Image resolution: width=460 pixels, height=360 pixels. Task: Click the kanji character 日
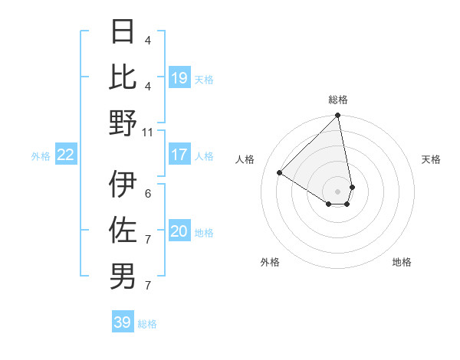pos(123,32)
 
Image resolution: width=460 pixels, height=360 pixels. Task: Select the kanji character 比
pos(123,77)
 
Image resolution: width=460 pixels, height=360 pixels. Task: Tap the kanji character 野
pos(123,123)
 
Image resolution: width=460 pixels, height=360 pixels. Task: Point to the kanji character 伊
pos(123,185)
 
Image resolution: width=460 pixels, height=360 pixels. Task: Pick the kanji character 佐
pos(123,231)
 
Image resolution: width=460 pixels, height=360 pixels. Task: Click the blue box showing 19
pos(179,77)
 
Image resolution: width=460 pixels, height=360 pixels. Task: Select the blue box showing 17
pos(179,155)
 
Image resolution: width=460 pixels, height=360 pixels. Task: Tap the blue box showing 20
pos(179,231)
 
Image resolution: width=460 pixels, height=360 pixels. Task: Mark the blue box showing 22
pos(66,155)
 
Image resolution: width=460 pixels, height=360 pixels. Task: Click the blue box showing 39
pos(123,322)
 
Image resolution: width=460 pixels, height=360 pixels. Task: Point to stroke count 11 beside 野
pos(148,132)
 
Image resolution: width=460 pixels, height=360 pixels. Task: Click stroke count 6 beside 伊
pos(148,193)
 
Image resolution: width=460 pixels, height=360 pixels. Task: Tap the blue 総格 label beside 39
pos(147,323)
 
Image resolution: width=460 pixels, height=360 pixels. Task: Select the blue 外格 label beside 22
pos(41,155)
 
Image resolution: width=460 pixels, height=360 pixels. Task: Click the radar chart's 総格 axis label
pos(338,100)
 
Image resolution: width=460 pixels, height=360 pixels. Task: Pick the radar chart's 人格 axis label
pos(245,159)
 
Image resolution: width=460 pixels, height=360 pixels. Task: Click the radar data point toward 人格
pos(280,173)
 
